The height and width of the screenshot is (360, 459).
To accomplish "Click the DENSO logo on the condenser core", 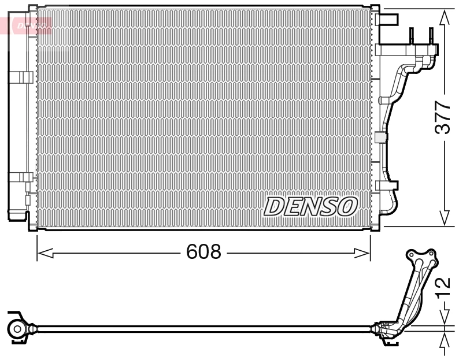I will tap(311, 206).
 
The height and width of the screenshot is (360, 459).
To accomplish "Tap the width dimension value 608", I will tap(203, 252).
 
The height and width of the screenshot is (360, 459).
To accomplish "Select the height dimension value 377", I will tap(443, 117).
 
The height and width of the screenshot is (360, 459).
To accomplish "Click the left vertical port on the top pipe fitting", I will tap(412, 36).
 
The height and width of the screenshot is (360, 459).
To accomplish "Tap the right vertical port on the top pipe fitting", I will tap(431, 36).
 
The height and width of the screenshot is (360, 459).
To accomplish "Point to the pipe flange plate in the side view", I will tap(421, 257).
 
